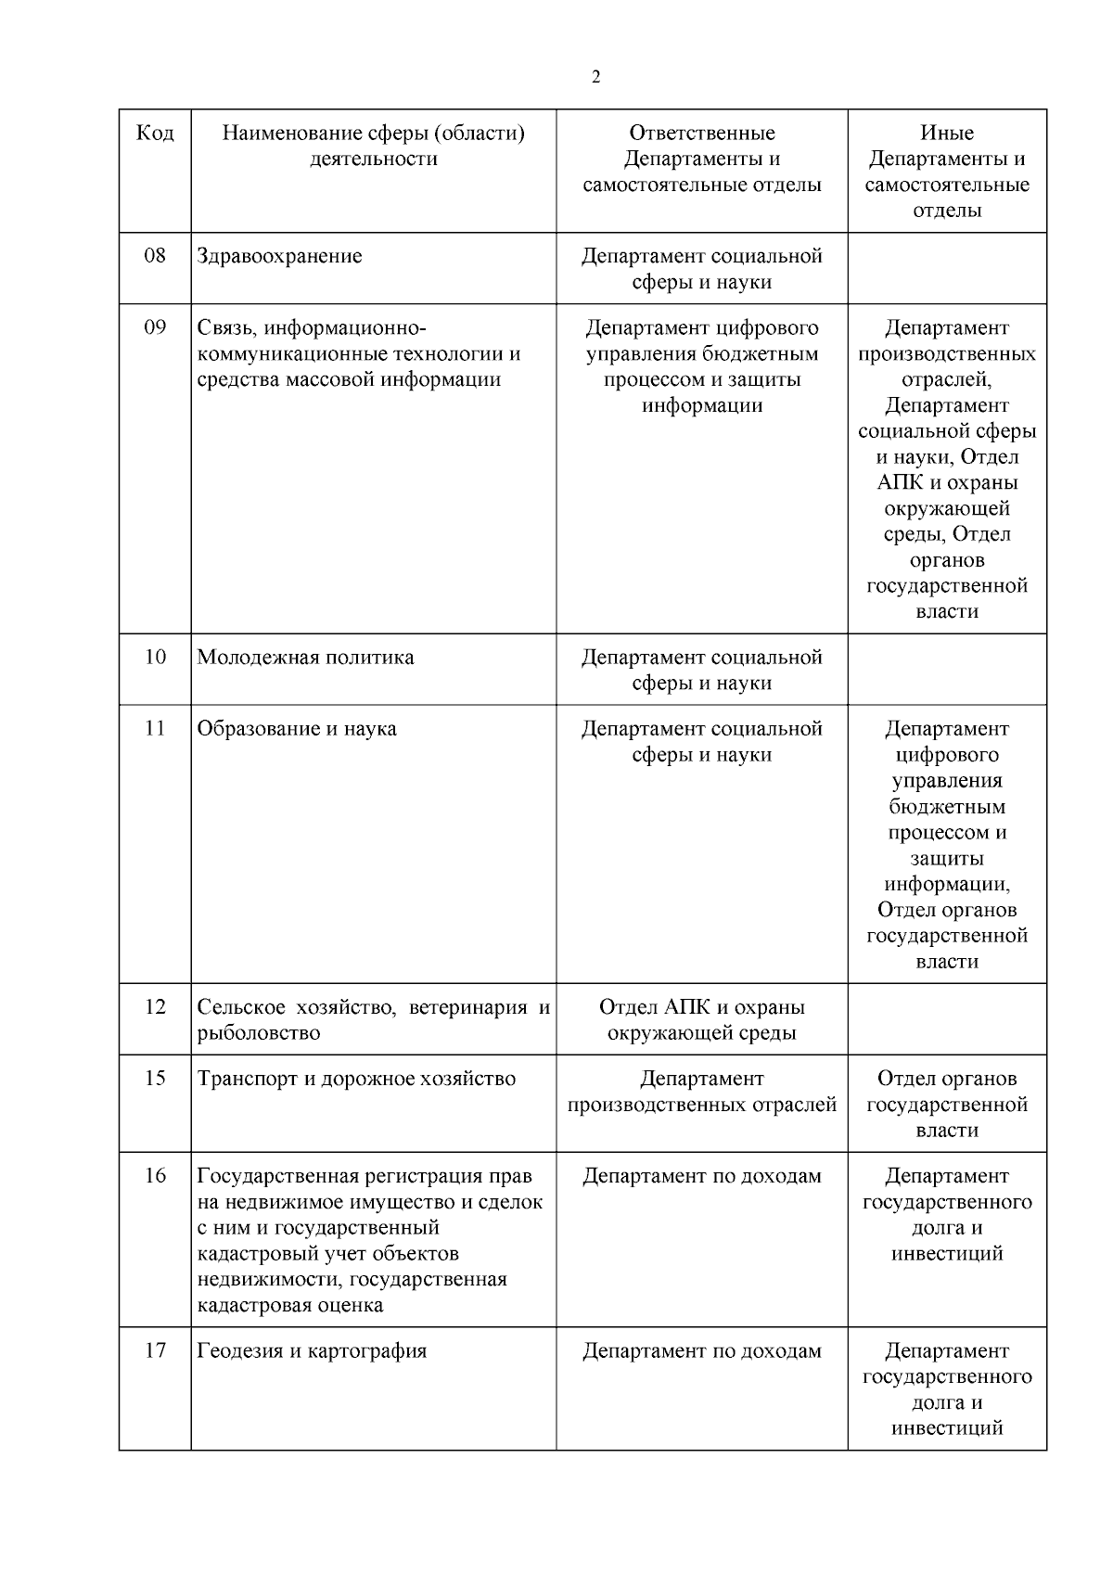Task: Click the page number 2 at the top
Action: [x=595, y=78]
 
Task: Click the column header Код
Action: [x=155, y=134]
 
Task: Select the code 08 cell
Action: [x=155, y=256]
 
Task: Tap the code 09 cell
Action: [x=155, y=327]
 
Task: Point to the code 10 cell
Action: [x=155, y=658]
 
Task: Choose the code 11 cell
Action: [x=155, y=729]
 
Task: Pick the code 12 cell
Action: [x=155, y=1007]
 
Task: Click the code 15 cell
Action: [x=155, y=1079]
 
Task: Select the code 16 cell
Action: [x=155, y=1176]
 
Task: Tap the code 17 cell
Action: [x=155, y=1351]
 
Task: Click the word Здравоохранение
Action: [x=279, y=257]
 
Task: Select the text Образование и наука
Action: [x=297, y=729]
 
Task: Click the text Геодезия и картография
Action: [x=312, y=1351]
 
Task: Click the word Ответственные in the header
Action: [x=702, y=134]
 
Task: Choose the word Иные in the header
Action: [x=947, y=134]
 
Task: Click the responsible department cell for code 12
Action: [x=702, y=1020]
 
